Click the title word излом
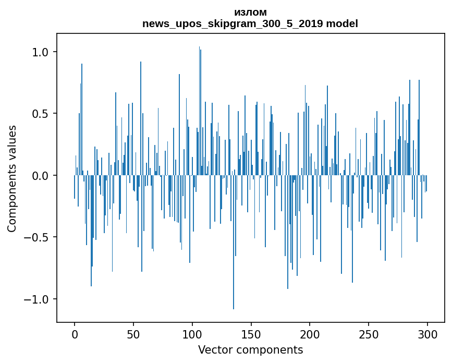[x=250, y=13]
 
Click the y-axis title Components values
[x=12, y=178]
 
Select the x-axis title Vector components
[x=250, y=350]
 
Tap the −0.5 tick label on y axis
[x=37, y=237]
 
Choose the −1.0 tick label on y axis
[x=37, y=299]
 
